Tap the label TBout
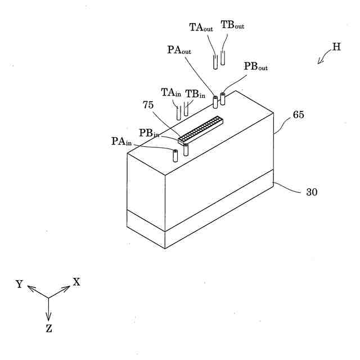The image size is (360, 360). point(232,26)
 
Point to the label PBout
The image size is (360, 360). point(255,66)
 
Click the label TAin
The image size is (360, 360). point(171,93)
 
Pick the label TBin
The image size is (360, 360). point(196,94)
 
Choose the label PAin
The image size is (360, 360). point(121,141)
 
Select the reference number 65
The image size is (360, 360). point(299,115)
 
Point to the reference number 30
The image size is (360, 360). point(312,192)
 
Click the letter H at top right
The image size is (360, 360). point(336,48)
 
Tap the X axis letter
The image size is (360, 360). point(76,282)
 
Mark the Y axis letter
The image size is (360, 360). point(20,285)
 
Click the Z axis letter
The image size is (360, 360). point(49,328)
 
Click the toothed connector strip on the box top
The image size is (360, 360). point(200,129)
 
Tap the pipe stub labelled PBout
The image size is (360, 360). point(223,99)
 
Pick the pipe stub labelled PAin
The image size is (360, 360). point(175,155)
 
